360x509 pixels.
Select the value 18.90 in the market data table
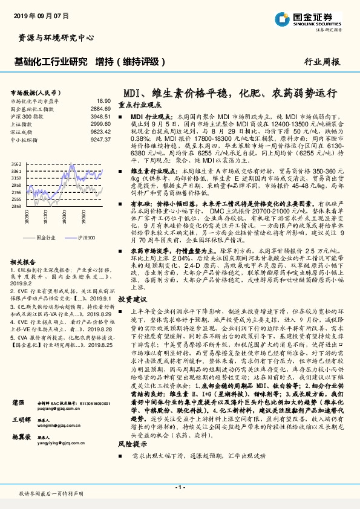(104, 101)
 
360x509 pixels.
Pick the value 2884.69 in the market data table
(100, 109)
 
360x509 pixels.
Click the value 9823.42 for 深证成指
(100, 131)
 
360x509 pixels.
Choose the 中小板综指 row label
(25, 138)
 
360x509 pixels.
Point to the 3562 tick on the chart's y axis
(16, 164)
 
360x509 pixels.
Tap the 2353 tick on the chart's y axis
(16, 206)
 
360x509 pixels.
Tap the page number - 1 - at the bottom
(180, 487)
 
